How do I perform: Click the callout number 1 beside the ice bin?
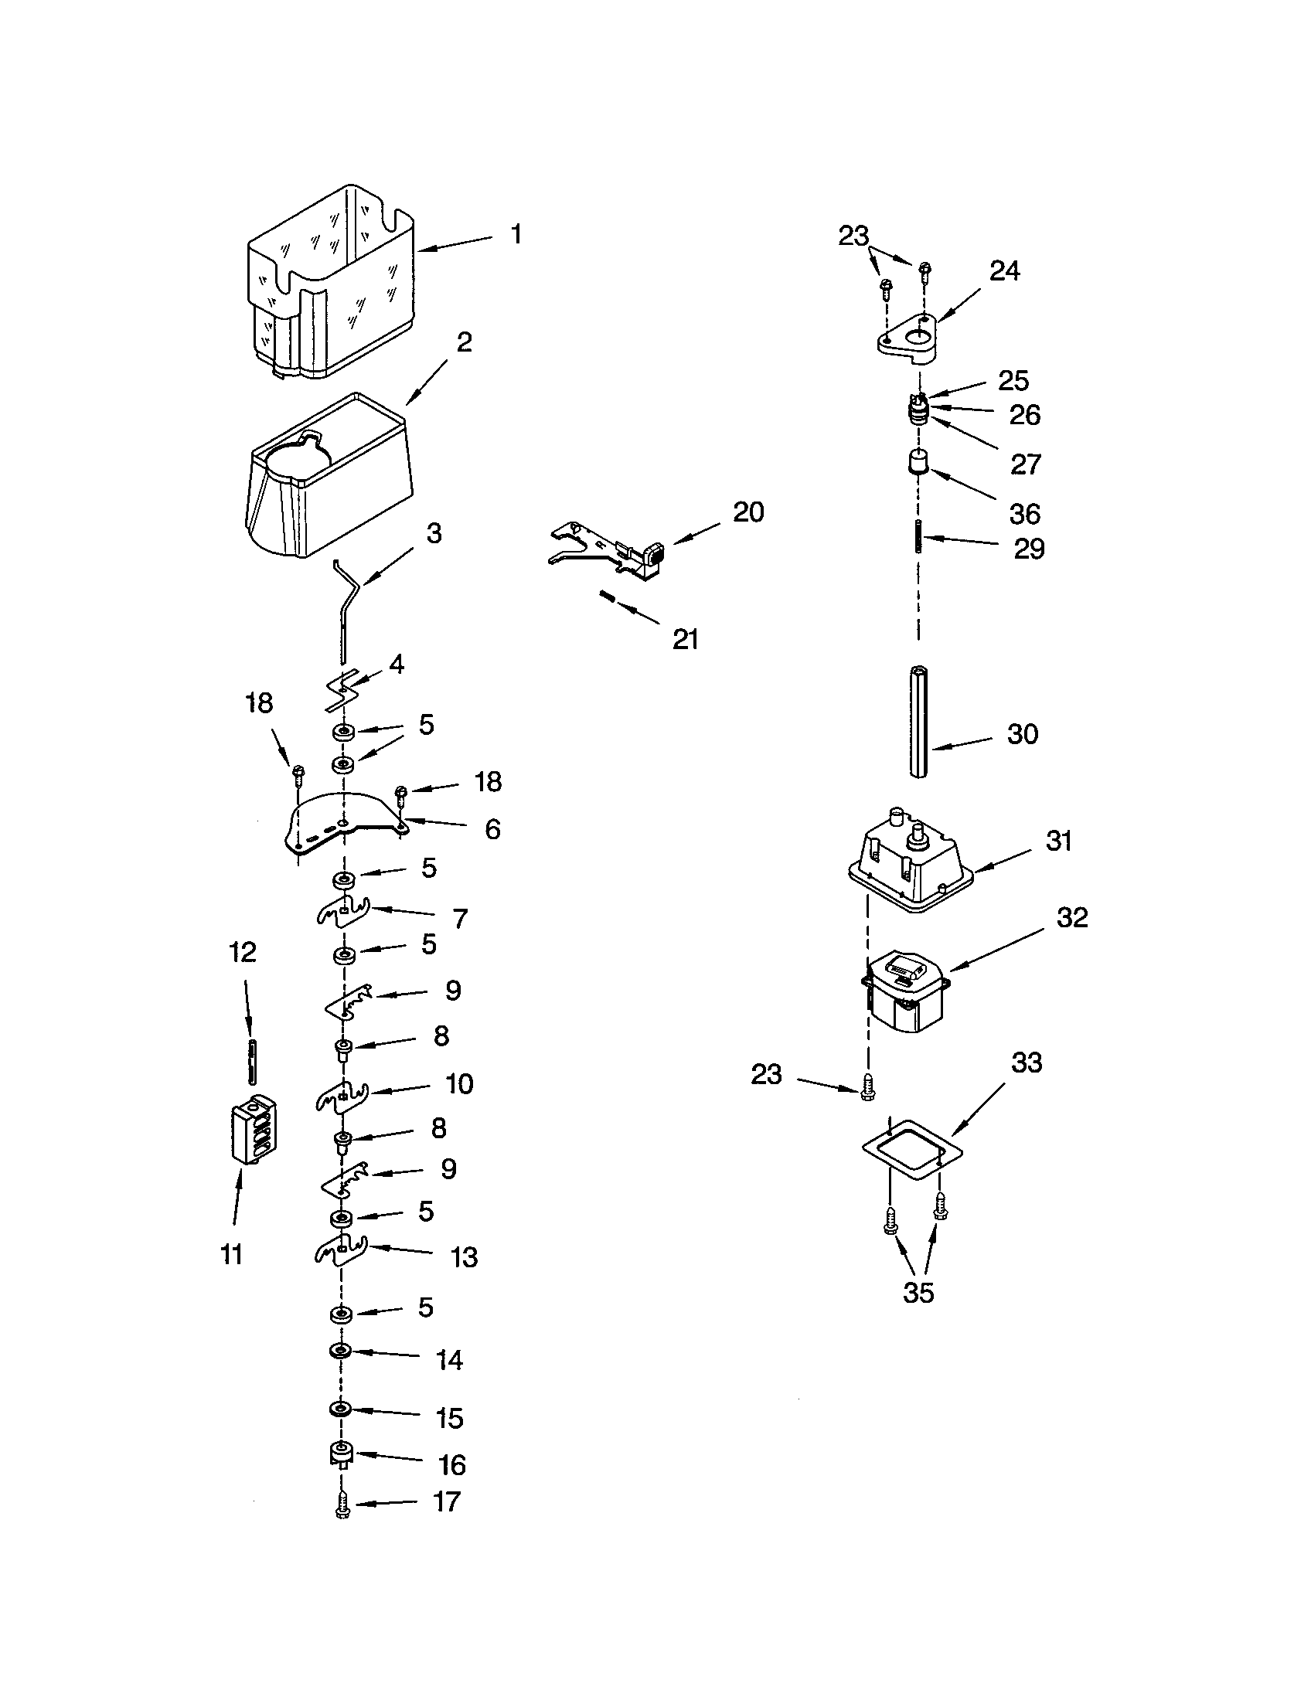(516, 234)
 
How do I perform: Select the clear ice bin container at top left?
(331, 284)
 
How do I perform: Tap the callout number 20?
(748, 512)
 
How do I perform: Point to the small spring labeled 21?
(608, 597)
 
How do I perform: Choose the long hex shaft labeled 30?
(918, 721)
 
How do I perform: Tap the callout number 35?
(918, 1293)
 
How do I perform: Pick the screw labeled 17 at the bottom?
(342, 1506)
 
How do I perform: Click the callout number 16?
(452, 1465)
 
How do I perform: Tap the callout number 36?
(1024, 514)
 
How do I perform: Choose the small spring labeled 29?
(918, 536)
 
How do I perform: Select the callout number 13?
(464, 1257)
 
